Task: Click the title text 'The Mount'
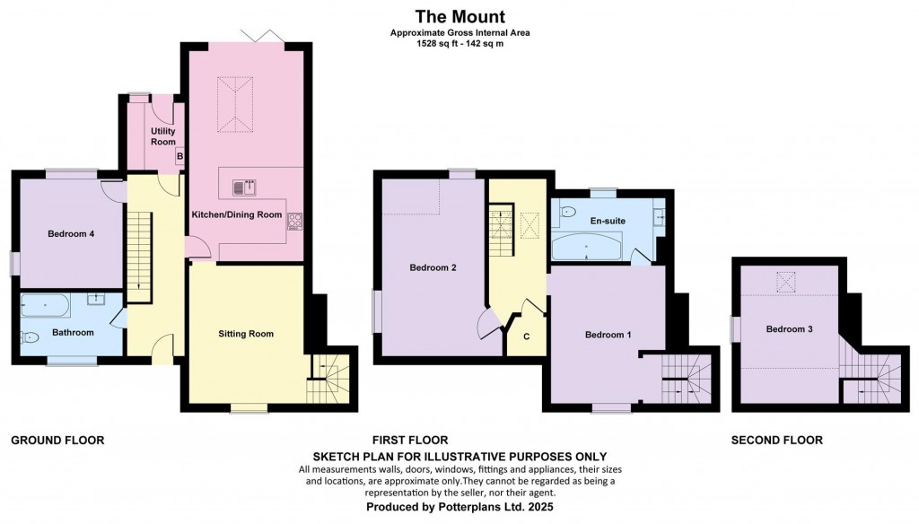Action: pyautogui.click(x=459, y=16)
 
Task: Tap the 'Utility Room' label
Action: pyautogui.click(x=162, y=136)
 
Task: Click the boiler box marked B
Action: pyautogui.click(x=179, y=156)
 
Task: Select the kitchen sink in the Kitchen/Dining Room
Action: pyautogui.click(x=244, y=188)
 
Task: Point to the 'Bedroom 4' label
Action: pyautogui.click(x=71, y=234)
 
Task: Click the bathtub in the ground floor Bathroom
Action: pyautogui.click(x=46, y=308)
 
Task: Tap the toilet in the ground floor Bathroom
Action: pyautogui.click(x=30, y=338)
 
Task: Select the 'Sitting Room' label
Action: pyautogui.click(x=245, y=334)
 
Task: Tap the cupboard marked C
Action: pyautogui.click(x=525, y=336)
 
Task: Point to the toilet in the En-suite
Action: pyautogui.click(x=567, y=213)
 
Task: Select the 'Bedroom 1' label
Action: pyautogui.click(x=608, y=335)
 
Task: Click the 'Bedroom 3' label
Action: pyautogui.click(x=789, y=329)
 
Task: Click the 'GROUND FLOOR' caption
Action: pyautogui.click(x=57, y=441)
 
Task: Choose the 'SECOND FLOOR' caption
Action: pyautogui.click(x=776, y=441)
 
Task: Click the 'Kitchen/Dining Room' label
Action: pyautogui.click(x=238, y=215)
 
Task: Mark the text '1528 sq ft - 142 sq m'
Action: pyautogui.click(x=459, y=43)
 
